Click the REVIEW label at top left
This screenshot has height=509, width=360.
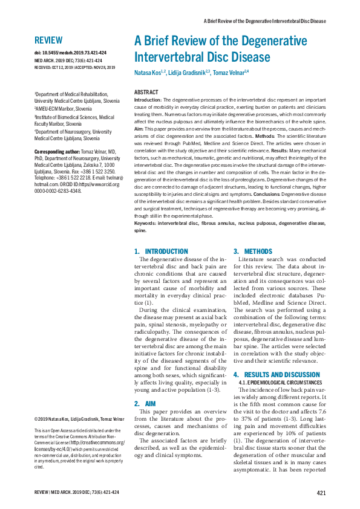click(48, 41)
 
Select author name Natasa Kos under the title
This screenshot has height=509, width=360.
click(149, 73)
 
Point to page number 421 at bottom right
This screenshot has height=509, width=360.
click(321, 493)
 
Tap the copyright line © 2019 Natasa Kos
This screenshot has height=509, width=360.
click(74, 419)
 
